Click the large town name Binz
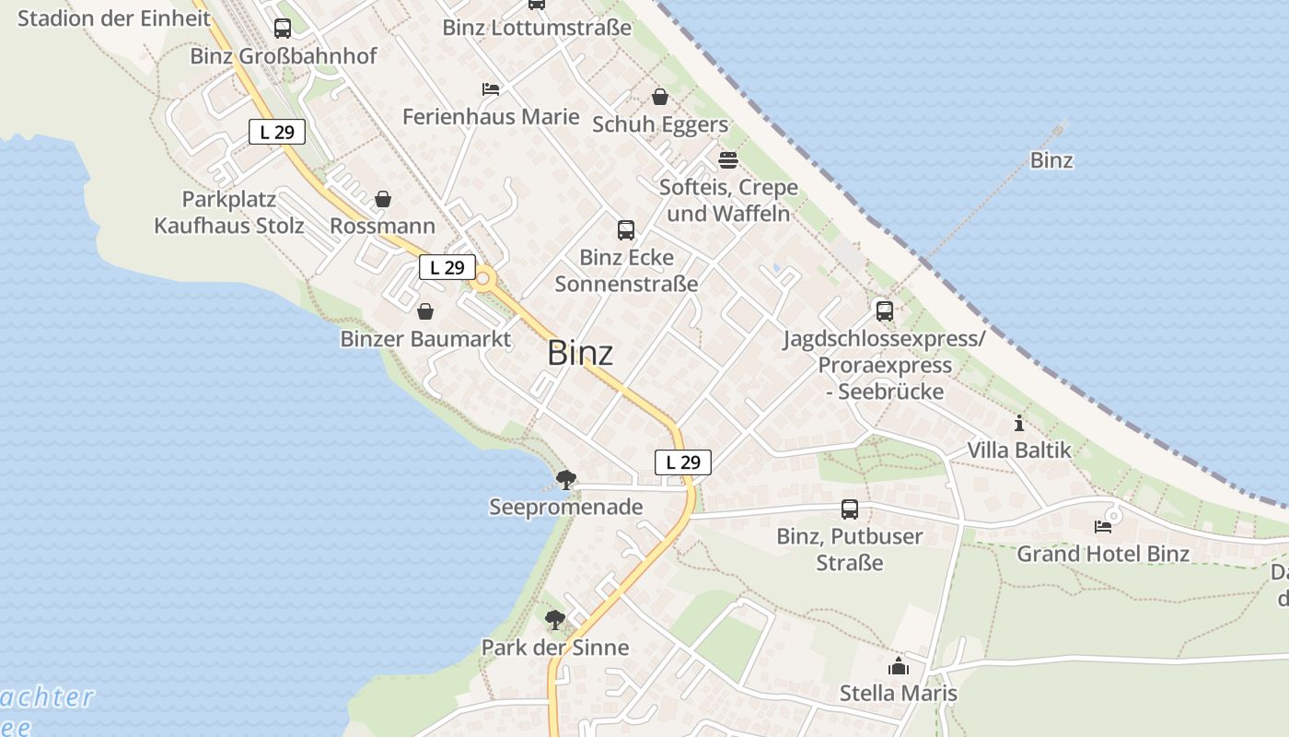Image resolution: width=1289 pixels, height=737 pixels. [x=580, y=353]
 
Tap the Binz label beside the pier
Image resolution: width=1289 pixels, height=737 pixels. [x=1051, y=160]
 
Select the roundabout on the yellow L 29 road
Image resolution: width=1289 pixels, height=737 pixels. [x=482, y=277]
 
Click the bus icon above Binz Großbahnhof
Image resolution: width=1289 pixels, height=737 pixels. [x=283, y=29]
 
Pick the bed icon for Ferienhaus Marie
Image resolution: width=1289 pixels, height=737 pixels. [x=491, y=89]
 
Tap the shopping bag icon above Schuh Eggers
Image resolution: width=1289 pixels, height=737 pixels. [x=660, y=97]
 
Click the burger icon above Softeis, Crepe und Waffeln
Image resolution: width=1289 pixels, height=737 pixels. [x=728, y=160]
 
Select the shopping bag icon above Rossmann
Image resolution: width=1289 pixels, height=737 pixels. [x=383, y=199]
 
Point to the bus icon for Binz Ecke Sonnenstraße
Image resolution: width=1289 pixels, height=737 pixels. [x=626, y=229]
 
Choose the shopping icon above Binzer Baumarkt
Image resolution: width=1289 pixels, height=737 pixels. [x=425, y=312]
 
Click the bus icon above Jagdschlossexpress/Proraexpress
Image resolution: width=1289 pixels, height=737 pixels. [x=885, y=311]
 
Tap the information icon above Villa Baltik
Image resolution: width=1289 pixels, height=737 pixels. [x=1019, y=424]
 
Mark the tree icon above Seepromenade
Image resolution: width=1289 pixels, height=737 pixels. [x=566, y=479]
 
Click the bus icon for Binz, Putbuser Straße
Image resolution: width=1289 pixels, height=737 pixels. [x=850, y=509]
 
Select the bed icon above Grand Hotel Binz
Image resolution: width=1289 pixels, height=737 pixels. [x=1103, y=527]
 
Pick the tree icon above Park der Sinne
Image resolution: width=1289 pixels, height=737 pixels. [x=554, y=620]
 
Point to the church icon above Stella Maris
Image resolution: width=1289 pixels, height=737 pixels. [x=899, y=666]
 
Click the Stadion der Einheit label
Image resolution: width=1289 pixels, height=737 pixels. [x=114, y=18]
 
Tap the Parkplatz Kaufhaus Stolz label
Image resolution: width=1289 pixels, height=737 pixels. [x=228, y=213]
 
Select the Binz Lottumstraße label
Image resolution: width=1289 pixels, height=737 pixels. [x=537, y=28]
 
